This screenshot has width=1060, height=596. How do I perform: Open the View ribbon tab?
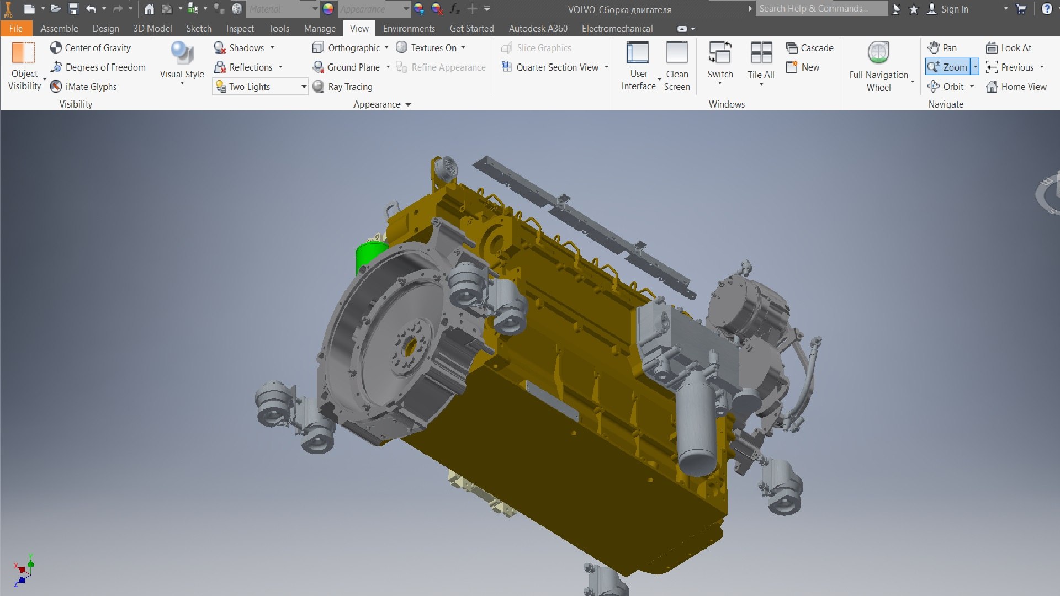(359, 29)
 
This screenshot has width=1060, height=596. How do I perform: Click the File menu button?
(15, 29)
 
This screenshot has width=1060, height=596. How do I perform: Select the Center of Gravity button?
(91, 48)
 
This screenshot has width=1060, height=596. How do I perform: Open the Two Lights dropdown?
(304, 87)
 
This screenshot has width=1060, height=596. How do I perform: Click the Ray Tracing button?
(343, 87)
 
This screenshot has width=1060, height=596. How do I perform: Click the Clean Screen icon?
(677, 54)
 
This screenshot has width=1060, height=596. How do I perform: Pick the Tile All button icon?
(761, 54)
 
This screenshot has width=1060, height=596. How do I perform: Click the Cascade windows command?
(810, 48)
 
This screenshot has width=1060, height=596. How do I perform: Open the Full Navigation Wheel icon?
(878, 54)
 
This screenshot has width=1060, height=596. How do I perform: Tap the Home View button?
(1016, 87)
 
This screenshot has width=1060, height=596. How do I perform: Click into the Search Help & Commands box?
(820, 9)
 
